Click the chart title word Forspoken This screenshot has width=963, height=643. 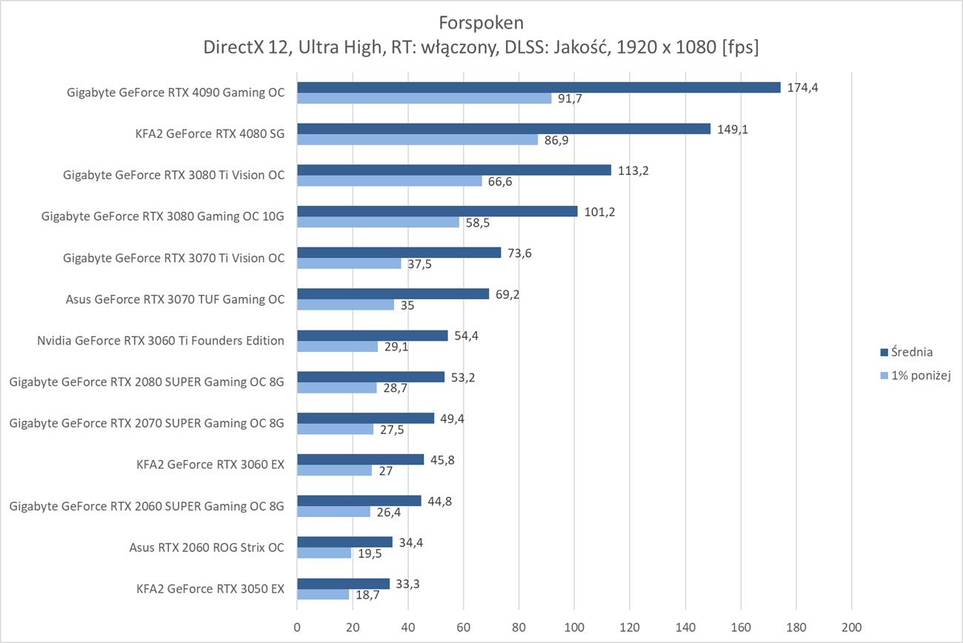click(x=481, y=21)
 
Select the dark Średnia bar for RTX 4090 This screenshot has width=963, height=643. click(x=539, y=87)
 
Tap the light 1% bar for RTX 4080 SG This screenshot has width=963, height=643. click(x=417, y=140)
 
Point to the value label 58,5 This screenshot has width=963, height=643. click(x=479, y=223)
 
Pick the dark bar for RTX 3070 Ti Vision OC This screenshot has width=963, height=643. click(x=399, y=253)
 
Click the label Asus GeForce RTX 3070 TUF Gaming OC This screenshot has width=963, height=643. click(x=175, y=299)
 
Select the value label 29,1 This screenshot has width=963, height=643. click(x=397, y=347)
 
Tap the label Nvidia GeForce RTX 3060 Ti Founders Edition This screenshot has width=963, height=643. click(x=161, y=341)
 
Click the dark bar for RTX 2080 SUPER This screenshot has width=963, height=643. click(x=370, y=377)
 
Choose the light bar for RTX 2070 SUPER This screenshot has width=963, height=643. click(x=335, y=430)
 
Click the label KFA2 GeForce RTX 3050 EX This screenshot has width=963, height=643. click(x=210, y=590)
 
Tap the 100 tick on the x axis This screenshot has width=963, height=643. click(x=574, y=627)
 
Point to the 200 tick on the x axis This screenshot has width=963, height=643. click(x=852, y=627)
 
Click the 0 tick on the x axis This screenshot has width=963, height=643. click(x=297, y=627)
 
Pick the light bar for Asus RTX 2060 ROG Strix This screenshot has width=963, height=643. click(x=324, y=553)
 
